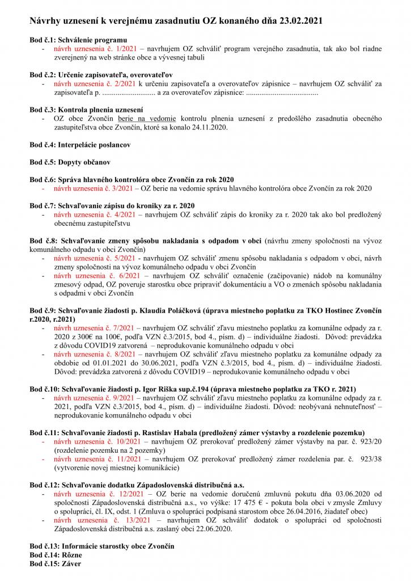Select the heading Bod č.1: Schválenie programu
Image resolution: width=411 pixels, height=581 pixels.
tap(78, 41)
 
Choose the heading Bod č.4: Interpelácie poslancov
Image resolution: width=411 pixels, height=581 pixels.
tap(80, 145)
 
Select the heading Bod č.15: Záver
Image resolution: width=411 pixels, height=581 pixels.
tap(55, 564)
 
